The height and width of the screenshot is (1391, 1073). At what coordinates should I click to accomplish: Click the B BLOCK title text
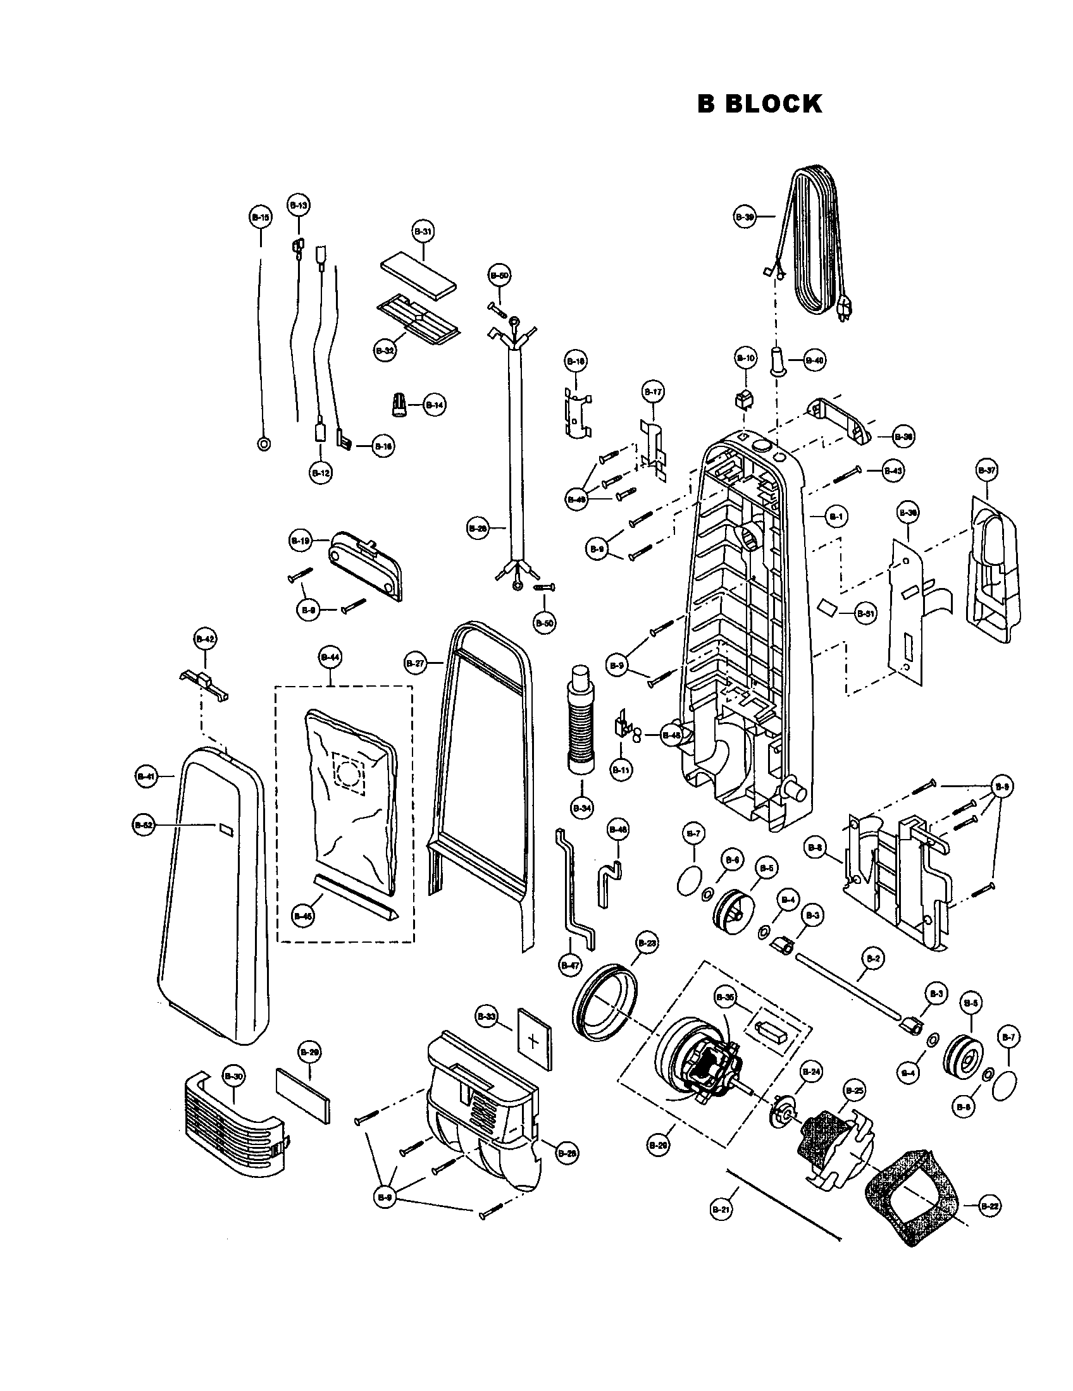click(759, 104)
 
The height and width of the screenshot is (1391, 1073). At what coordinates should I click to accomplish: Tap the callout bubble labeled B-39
click(745, 216)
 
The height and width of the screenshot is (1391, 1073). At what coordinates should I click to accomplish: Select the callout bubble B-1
click(836, 517)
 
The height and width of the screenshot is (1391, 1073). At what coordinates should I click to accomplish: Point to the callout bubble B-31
click(423, 233)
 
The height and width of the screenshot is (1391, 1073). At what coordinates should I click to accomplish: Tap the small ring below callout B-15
click(263, 444)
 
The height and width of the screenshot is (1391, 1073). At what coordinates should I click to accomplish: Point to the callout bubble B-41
click(147, 776)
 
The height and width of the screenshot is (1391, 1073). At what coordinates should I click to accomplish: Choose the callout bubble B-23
click(647, 943)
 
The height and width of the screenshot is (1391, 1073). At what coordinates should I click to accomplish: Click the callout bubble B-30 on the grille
click(233, 1076)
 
